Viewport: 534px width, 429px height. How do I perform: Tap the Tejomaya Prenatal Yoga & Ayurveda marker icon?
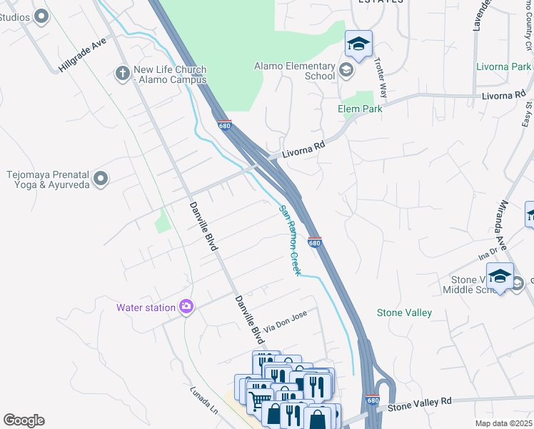pyautogui.click(x=101, y=178)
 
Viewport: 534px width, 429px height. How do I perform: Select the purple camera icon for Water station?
pyautogui.click(x=186, y=307)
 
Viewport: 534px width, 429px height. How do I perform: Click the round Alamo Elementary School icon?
pyautogui.click(x=346, y=69)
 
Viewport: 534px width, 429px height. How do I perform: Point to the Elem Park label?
pyautogui.click(x=360, y=109)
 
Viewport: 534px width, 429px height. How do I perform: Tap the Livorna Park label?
pyautogui.click(x=503, y=67)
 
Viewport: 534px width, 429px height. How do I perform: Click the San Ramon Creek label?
pyautogui.click(x=290, y=240)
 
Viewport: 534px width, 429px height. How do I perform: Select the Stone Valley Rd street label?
pyautogui.click(x=420, y=405)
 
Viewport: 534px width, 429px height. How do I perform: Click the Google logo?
pyautogui.click(x=24, y=420)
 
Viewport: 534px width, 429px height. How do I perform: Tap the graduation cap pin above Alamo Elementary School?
pyautogui.click(x=358, y=44)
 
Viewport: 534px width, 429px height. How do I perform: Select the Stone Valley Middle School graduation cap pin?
pyautogui.click(x=501, y=277)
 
